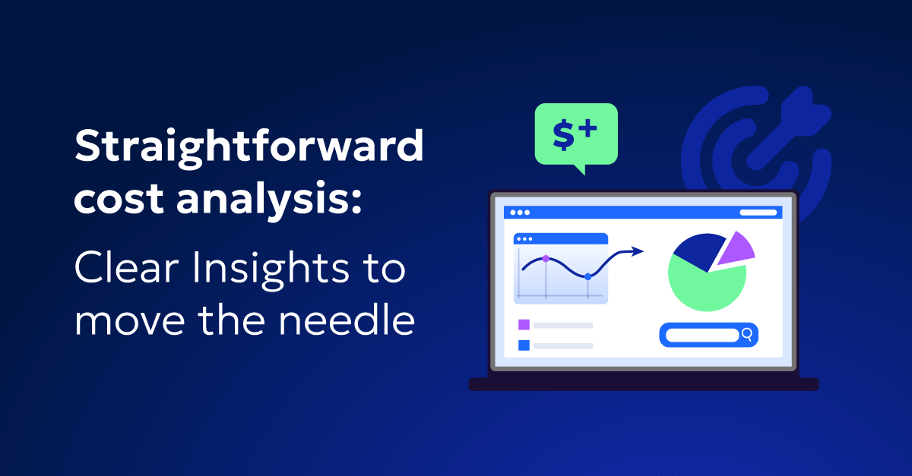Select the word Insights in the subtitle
pos(271,270)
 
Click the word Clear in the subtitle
pos(127,267)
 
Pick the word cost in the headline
pos(119,200)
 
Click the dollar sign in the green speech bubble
pos(564,134)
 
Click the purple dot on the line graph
pos(546,259)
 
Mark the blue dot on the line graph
pos(587,276)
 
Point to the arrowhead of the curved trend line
pos(637,251)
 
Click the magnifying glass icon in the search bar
pos(747,335)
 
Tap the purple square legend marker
pos(524,325)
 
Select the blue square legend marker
pos(524,345)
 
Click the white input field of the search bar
pos(702,336)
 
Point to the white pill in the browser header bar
pos(758,213)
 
